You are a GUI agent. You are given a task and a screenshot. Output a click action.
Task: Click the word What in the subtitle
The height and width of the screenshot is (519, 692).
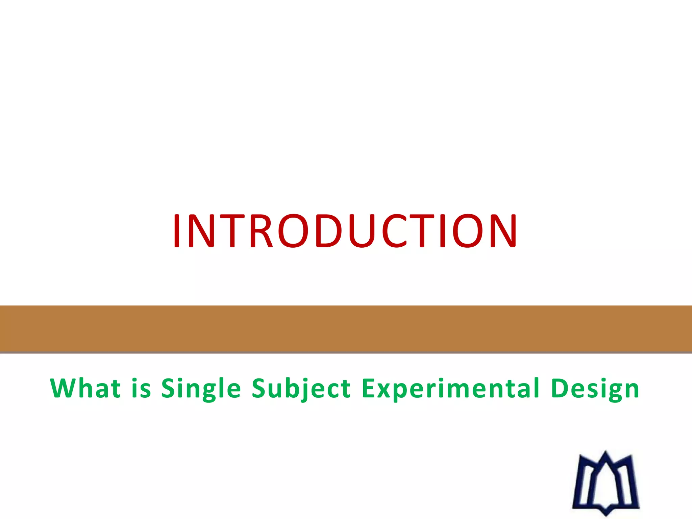point(85,388)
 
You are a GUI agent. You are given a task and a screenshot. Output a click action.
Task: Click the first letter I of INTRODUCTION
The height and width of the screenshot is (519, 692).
point(176,231)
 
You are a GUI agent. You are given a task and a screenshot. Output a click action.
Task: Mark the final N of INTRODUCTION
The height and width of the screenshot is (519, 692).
point(503,231)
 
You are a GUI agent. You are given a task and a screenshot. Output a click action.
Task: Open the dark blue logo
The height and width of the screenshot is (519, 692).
point(606,483)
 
